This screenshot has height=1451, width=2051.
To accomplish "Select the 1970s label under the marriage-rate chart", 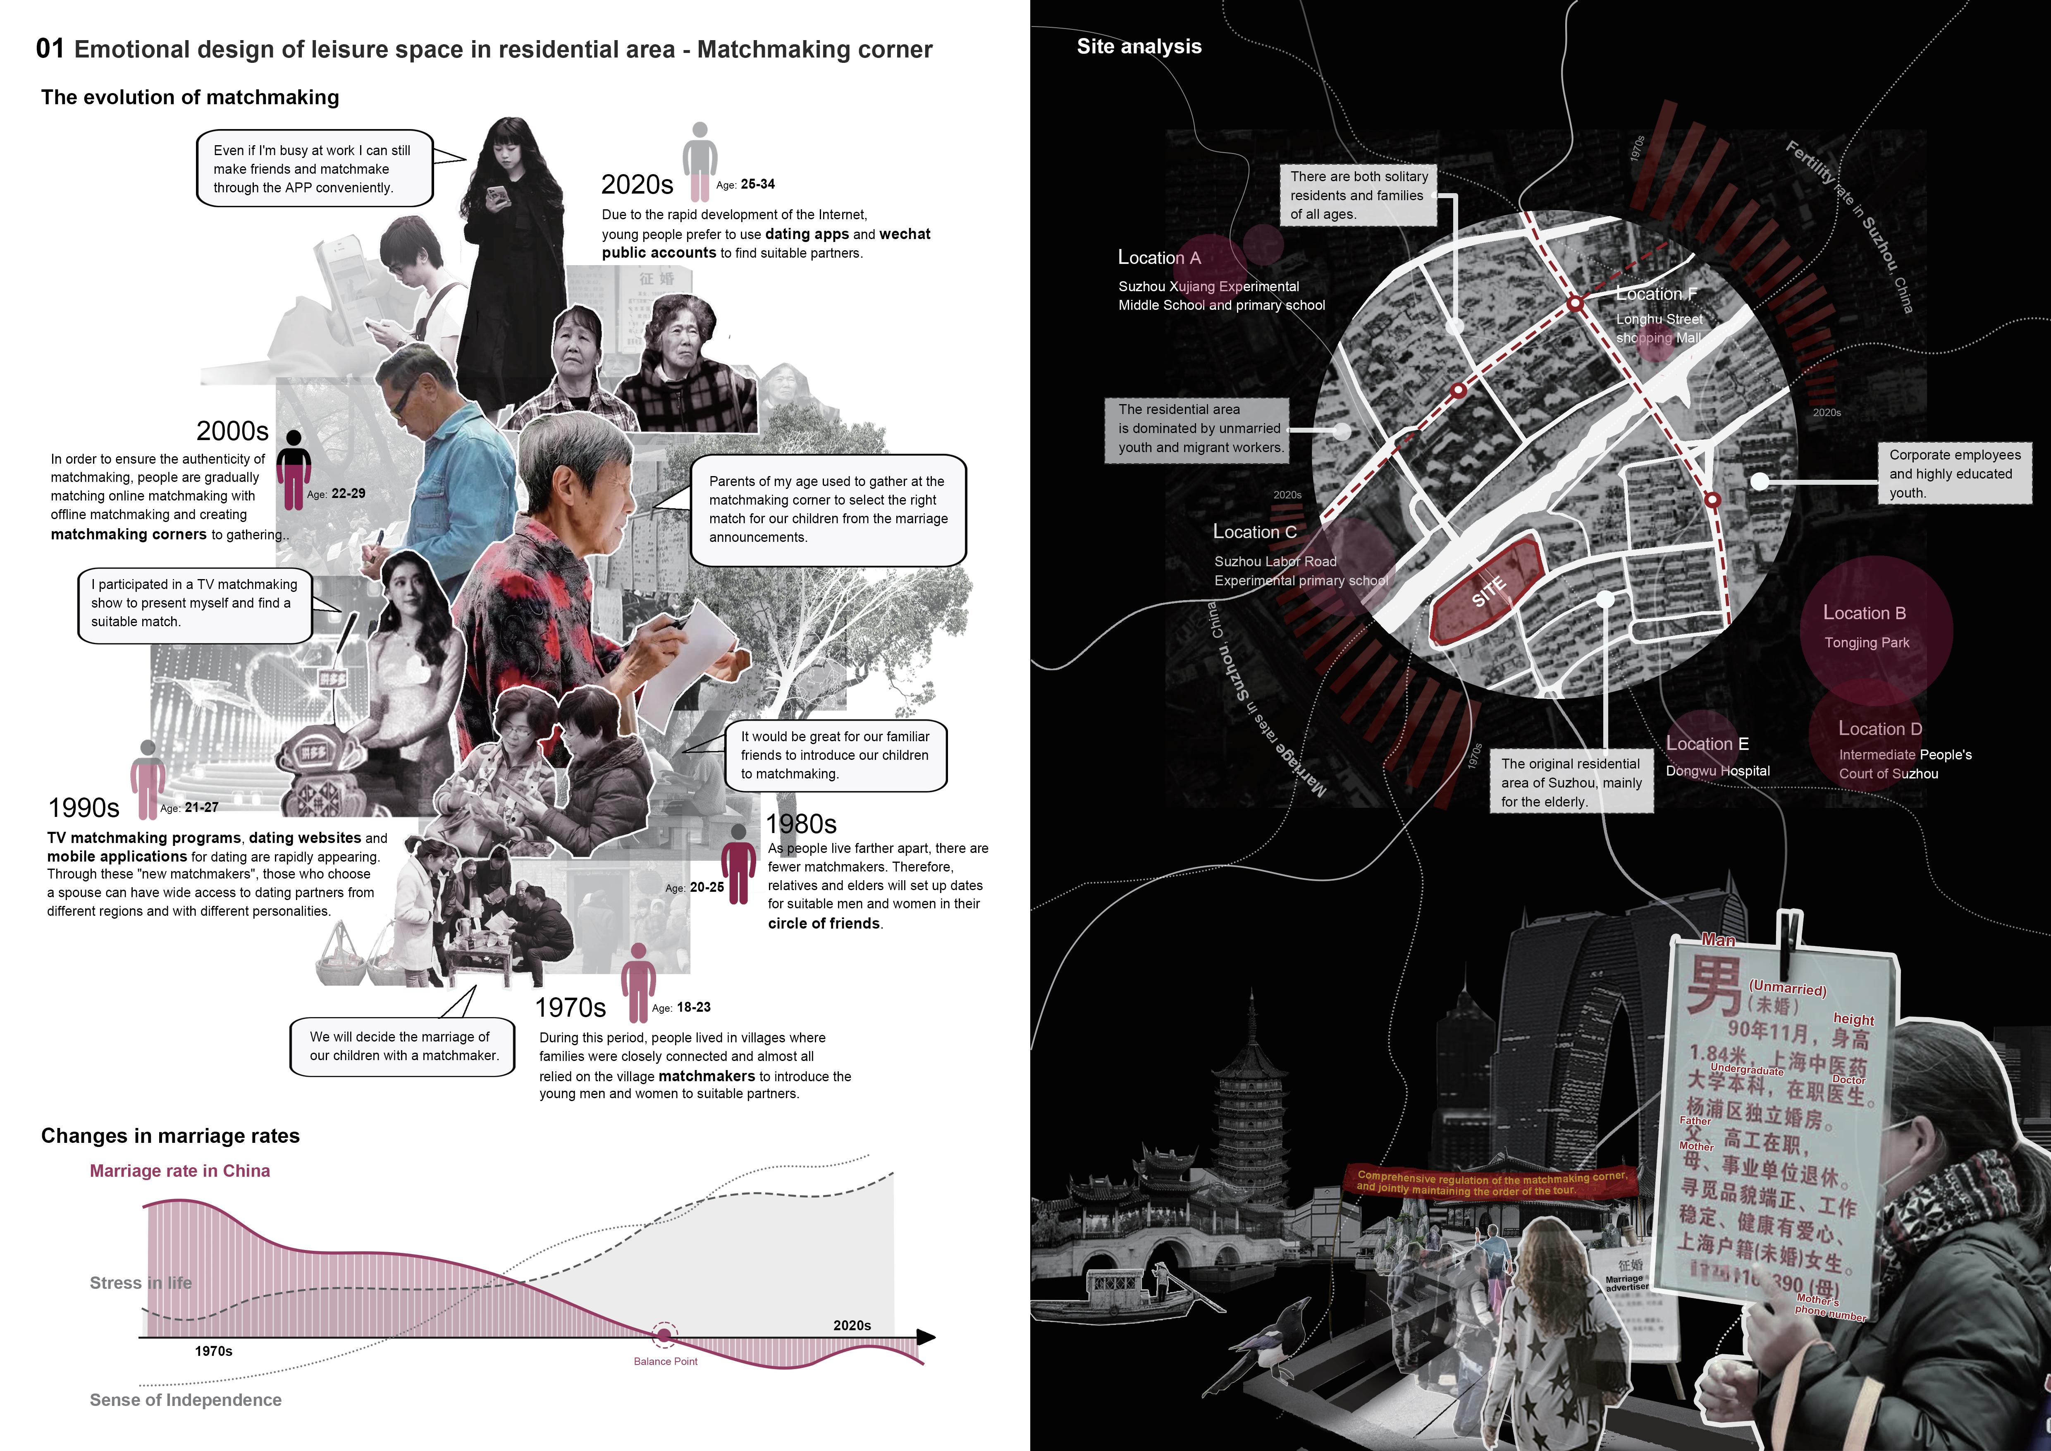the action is (x=213, y=1351).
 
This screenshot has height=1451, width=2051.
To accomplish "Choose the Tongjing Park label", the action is (x=1866, y=642).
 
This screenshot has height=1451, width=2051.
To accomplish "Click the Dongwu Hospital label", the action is (x=1717, y=771).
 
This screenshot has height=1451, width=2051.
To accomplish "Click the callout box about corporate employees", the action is (x=1953, y=474).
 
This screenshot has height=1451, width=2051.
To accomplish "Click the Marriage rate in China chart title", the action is (x=179, y=1171).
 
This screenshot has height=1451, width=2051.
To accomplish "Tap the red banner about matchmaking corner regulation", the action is (x=1490, y=1183).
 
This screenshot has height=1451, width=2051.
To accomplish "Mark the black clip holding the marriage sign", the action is (x=1788, y=943).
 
